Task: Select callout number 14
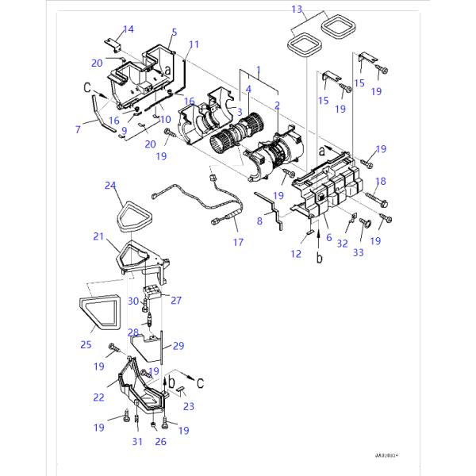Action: (x=128, y=29)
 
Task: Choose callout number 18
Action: (x=380, y=181)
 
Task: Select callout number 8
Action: (x=259, y=222)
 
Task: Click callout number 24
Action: (x=110, y=186)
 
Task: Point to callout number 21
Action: (x=98, y=236)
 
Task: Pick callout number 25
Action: (x=86, y=344)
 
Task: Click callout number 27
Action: (x=176, y=300)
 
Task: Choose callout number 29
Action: (x=178, y=347)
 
